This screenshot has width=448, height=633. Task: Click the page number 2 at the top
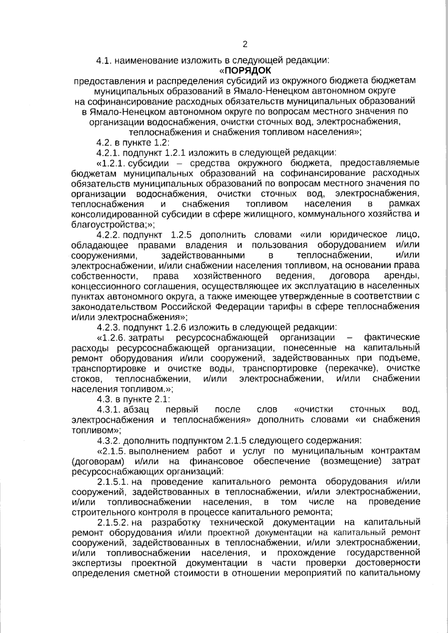tap(245, 44)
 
